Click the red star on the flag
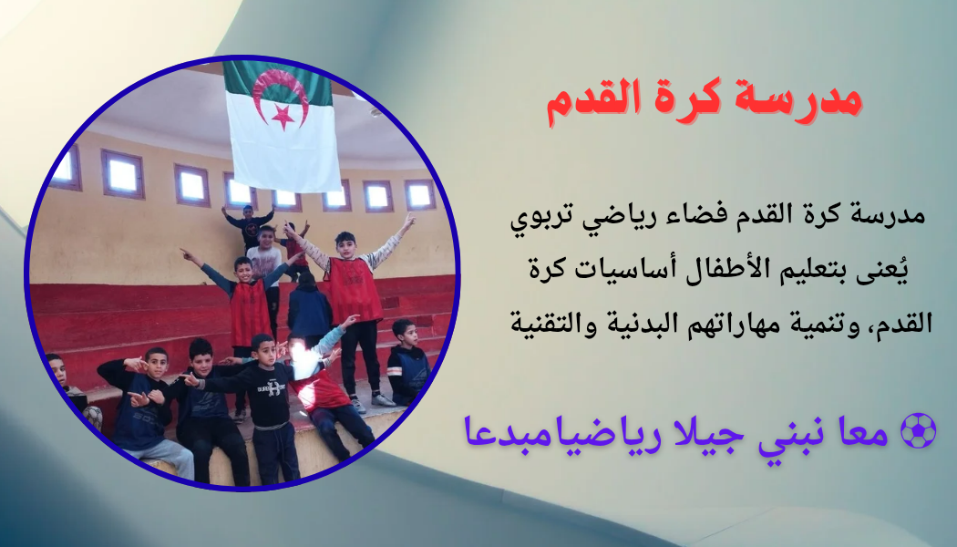(x=283, y=115)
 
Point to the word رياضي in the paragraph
(x=642, y=219)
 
